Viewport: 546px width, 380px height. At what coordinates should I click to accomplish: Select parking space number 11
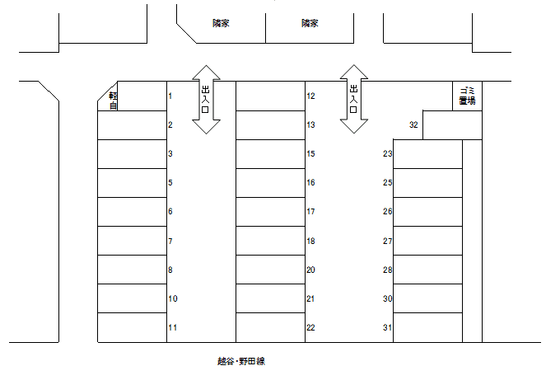(x=132, y=327)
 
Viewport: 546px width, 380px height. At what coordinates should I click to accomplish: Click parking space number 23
(x=427, y=153)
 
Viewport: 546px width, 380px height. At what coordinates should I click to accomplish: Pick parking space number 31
(x=427, y=327)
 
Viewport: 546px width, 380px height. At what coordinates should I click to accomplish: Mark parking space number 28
(x=427, y=270)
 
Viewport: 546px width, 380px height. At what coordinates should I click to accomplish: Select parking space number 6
(x=132, y=212)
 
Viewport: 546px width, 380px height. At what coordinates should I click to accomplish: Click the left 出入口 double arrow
(x=206, y=100)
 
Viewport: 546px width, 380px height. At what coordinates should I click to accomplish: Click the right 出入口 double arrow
(x=354, y=100)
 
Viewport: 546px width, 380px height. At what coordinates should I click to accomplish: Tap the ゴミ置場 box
(x=467, y=96)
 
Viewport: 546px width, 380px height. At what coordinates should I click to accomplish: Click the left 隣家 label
(x=221, y=24)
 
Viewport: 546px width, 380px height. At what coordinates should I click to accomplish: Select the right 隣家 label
(x=310, y=24)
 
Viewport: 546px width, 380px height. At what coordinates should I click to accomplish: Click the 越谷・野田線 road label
(x=240, y=361)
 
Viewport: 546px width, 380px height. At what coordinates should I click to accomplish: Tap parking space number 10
(x=132, y=298)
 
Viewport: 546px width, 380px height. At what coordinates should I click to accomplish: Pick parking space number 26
(x=427, y=212)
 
